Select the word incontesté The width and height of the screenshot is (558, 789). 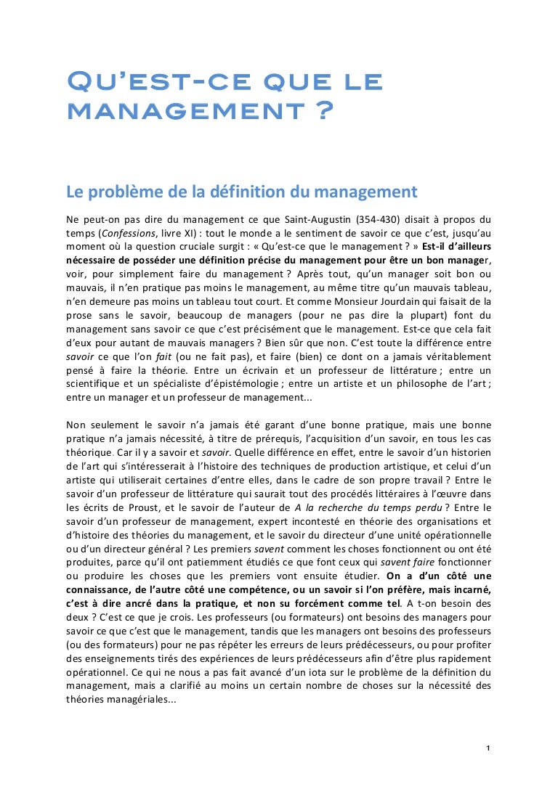click(x=319, y=520)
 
